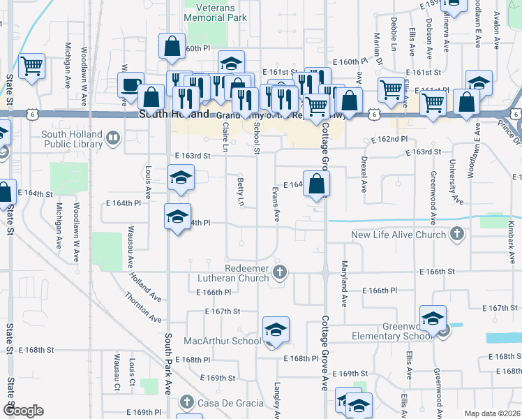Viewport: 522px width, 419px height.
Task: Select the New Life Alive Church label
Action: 398,235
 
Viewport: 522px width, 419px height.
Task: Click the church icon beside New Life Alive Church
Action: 457,234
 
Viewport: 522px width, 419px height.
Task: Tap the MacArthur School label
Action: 222,341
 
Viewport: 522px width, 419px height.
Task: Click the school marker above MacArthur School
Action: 276,329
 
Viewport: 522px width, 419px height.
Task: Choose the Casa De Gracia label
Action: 230,403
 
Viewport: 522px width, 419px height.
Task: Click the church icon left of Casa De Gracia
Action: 186,402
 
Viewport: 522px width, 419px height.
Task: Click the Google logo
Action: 23,411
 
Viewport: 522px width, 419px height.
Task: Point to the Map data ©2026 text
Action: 491,413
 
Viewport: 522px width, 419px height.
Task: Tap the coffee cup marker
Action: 130,85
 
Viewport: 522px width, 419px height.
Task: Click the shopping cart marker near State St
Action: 32,66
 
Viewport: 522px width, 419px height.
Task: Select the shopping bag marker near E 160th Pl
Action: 171,47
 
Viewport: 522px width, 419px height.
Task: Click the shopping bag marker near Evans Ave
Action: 317,184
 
